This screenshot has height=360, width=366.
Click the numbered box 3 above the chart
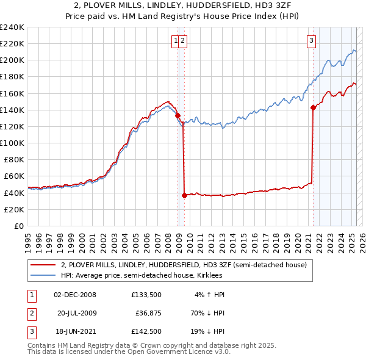click(x=311, y=41)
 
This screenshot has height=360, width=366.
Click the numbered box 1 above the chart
click(x=176, y=41)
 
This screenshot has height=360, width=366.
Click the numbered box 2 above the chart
click(x=183, y=41)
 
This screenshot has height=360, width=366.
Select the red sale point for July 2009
click(x=184, y=195)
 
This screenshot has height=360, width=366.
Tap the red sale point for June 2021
click(x=313, y=107)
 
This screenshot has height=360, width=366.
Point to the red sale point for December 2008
click(x=178, y=115)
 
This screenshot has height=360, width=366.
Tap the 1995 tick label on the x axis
click(x=28, y=239)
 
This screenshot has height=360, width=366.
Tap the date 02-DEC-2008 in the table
click(x=75, y=295)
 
